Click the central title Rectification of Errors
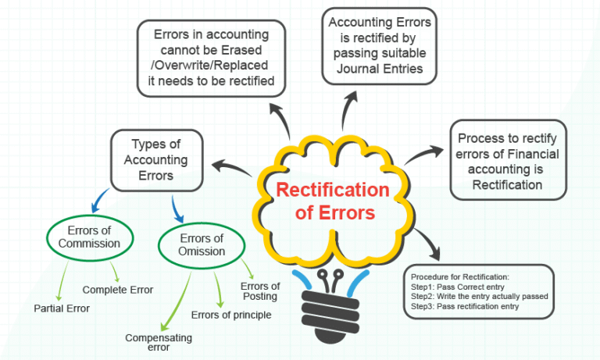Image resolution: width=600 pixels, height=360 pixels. pyautogui.click(x=332, y=201)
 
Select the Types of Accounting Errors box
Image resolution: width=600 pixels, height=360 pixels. pyautogui.click(x=159, y=159)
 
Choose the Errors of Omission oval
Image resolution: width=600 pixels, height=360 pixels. pyautogui.click(x=202, y=244)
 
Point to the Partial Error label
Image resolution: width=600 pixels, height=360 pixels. pyautogui.click(x=62, y=308)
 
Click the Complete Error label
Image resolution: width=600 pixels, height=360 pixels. pyautogui.click(x=117, y=290)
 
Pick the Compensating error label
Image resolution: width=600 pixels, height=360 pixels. pyautogui.click(x=159, y=343)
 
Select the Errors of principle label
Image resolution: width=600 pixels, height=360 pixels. pyautogui.click(x=231, y=315)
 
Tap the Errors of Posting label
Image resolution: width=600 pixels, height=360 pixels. pyautogui.click(x=260, y=291)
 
